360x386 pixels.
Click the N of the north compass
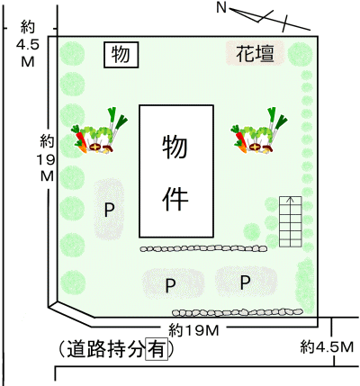point(221,7)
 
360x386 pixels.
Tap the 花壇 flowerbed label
point(255,54)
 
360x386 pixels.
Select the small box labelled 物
point(121,55)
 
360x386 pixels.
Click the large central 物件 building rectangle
point(176,171)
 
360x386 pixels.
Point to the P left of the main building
point(109,210)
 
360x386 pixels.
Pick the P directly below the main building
point(170,285)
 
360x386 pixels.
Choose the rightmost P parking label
point(246,282)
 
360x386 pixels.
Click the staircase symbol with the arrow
point(290,221)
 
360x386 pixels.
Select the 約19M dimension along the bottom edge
point(193,330)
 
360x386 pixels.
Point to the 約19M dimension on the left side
point(47,158)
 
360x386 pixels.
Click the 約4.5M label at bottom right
point(327,347)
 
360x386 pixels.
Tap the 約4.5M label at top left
point(28,44)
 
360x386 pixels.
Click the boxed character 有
point(157,349)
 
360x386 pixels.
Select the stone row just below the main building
point(203,248)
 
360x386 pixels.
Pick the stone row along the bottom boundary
point(237,312)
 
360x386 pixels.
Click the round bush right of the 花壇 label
point(301,54)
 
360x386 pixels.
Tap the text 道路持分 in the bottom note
point(105,349)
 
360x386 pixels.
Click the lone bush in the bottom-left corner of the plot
point(73,283)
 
